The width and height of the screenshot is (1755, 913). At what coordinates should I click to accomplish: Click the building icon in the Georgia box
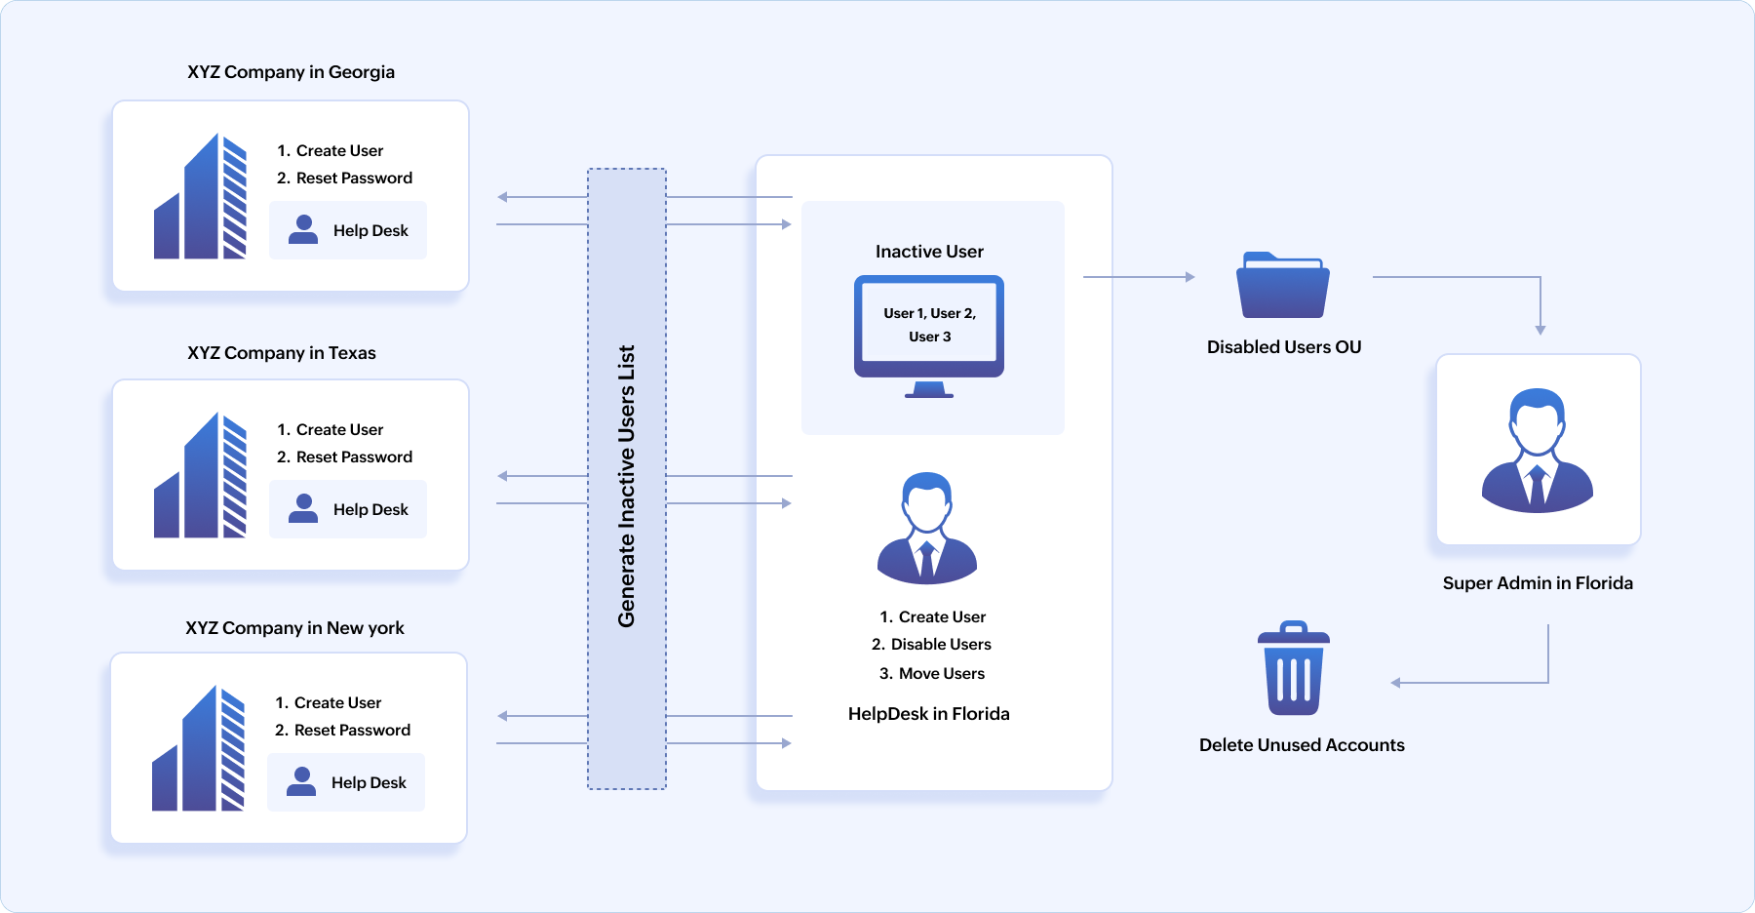coord(200,197)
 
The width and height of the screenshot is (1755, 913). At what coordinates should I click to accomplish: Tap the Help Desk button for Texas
coord(348,509)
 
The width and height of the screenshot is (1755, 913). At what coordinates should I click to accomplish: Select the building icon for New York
coord(198,749)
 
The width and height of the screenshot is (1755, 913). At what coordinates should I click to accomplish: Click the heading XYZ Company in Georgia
coord(291,72)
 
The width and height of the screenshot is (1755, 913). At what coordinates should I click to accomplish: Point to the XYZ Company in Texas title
coord(281,353)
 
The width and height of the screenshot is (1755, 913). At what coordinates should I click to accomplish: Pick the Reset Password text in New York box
coord(352,731)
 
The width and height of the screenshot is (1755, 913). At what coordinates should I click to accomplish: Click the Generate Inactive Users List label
coord(627,485)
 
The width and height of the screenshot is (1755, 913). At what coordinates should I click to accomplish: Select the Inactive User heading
coord(929,252)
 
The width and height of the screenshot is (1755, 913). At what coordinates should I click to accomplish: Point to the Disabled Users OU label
coord(1283,347)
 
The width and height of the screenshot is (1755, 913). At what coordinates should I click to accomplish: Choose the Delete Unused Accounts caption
coord(1302,745)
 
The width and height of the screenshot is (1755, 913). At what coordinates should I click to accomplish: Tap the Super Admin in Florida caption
coord(1538,583)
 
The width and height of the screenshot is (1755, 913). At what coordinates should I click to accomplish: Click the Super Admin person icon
coord(1538,450)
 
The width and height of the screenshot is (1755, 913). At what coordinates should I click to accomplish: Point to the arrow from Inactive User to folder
coord(1139,277)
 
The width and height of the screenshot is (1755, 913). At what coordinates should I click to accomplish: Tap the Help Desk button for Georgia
coord(348,230)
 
